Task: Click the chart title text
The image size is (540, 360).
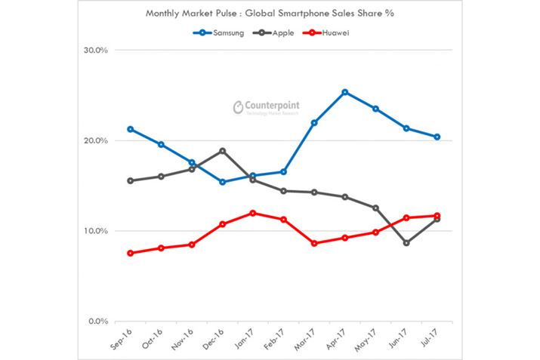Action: point(269,13)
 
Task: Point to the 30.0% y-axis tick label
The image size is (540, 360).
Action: point(96,51)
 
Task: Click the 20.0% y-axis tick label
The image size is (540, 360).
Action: point(96,140)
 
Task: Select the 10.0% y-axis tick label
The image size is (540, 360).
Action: point(96,231)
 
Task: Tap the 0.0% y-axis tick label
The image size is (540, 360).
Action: point(98,321)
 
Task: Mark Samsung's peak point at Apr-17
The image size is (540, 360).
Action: point(345,92)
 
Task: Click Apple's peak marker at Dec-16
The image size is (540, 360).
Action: point(222,151)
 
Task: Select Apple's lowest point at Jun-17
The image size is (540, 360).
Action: point(406,243)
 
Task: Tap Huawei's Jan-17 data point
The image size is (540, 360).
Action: point(253,213)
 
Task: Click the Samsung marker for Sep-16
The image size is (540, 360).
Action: point(131,129)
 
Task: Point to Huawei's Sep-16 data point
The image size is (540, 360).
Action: point(131,253)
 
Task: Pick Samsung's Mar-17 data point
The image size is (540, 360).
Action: point(314,122)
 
